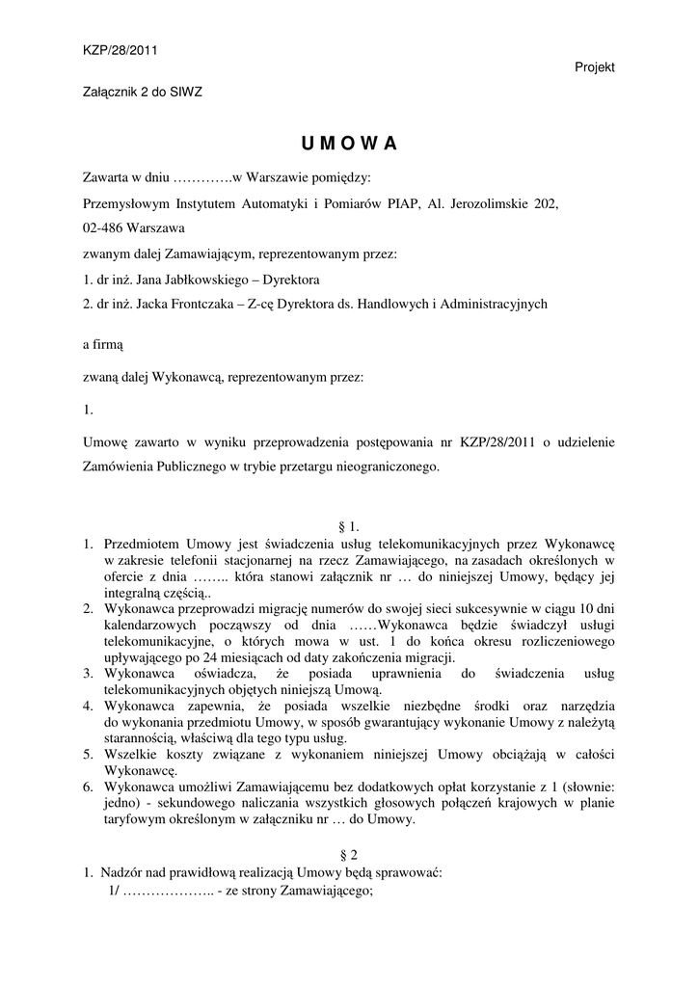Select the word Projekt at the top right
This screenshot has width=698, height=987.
(x=595, y=67)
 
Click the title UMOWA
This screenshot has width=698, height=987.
(x=348, y=144)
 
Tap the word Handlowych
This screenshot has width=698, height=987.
(x=392, y=304)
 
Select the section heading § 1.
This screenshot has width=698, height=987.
(x=349, y=526)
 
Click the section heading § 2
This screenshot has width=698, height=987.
(x=349, y=854)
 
